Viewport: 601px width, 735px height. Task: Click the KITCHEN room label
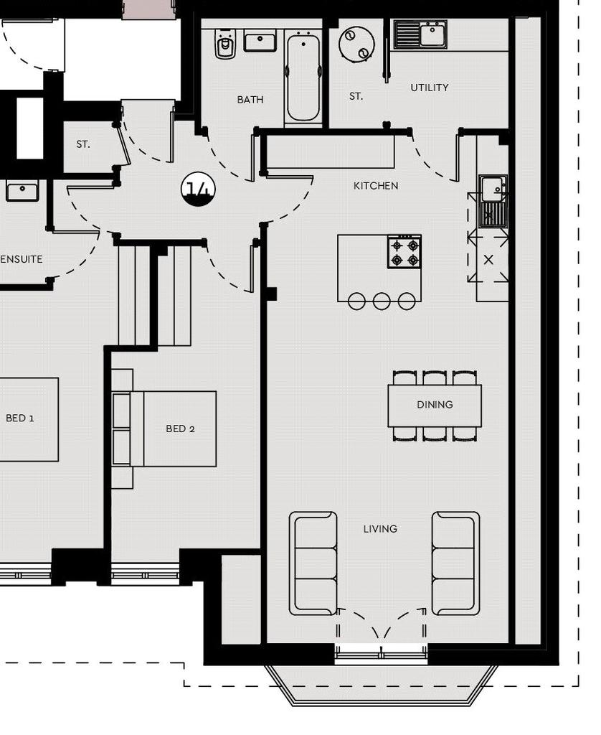[376, 186]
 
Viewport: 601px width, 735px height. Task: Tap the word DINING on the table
[435, 405]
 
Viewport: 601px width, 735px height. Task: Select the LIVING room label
[380, 529]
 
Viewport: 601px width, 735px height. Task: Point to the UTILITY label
[430, 88]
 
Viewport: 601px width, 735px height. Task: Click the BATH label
[250, 99]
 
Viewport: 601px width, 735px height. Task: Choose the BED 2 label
[180, 429]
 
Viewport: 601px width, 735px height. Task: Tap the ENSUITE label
[22, 259]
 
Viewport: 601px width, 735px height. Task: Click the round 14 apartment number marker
[199, 189]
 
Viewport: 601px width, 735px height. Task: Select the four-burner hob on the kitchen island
[404, 252]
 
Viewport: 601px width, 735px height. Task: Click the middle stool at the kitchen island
[382, 301]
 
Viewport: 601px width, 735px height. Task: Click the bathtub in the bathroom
[303, 78]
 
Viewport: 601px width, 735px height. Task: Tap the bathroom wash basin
[260, 42]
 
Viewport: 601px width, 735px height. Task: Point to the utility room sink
[420, 34]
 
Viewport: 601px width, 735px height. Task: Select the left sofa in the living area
[313, 563]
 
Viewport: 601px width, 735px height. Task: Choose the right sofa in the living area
[456, 563]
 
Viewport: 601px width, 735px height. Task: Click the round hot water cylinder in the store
[356, 44]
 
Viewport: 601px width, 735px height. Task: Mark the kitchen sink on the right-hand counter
[493, 201]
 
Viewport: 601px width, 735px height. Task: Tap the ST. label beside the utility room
[356, 96]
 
